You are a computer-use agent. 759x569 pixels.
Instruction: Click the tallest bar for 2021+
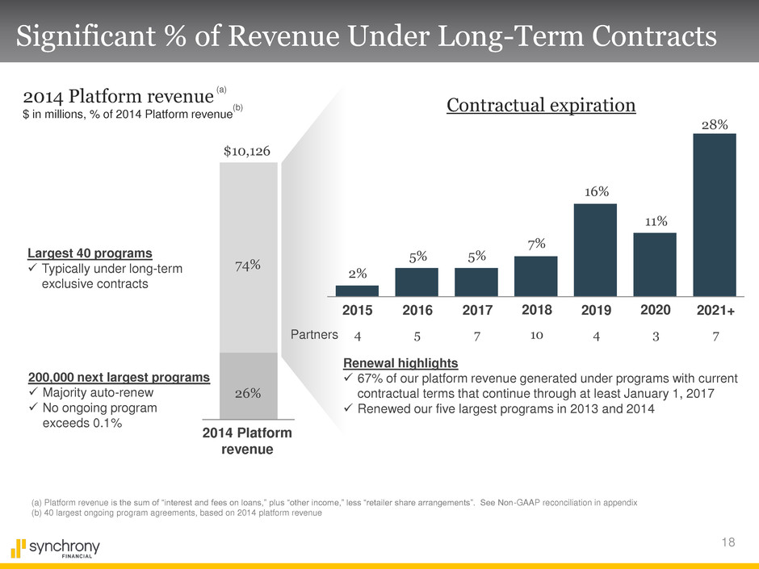(715, 215)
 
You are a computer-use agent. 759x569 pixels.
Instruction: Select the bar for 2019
(595, 250)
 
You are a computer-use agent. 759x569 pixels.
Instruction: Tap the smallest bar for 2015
(357, 291)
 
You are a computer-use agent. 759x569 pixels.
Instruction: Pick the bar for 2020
(655, 265)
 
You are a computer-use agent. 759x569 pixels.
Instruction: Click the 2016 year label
(417, 310)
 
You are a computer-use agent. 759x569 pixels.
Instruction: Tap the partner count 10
(535, 333)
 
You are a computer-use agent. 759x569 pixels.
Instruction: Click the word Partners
(312, 333)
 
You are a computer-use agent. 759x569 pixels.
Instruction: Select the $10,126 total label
(248, 150)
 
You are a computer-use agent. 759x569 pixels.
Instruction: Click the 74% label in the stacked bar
(248, 265)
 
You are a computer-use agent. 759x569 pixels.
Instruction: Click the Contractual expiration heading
(541, 107)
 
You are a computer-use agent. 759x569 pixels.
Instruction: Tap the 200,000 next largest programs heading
(119, 378)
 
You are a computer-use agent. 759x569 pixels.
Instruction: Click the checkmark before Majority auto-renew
(33, 393)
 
